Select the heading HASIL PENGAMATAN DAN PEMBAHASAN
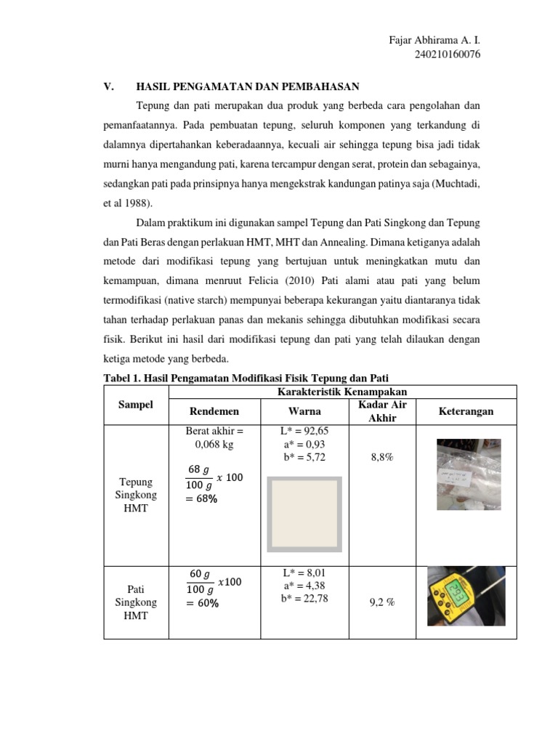pos(248,86)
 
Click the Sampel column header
pos(136,405)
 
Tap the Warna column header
pos(305,412)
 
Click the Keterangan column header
pos(466,412)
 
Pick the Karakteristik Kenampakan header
pos(341,392)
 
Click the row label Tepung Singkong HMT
pos(136,495)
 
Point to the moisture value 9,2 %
pos(381,602)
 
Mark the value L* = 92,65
pos(305,431)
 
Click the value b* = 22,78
pos(305,598)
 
